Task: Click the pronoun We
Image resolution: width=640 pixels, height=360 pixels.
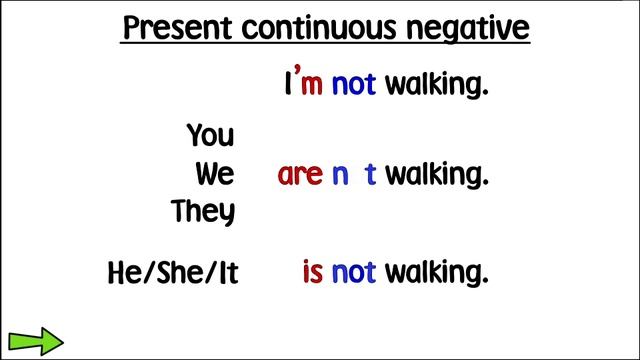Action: (215, 174)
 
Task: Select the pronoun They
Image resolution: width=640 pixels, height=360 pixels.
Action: (204, 212)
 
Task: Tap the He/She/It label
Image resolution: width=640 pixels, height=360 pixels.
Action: (173, 272)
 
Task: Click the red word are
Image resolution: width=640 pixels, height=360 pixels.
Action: (300, 176)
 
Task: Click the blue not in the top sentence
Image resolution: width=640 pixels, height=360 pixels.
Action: (353, 85)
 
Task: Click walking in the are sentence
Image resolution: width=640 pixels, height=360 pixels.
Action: (437, 176)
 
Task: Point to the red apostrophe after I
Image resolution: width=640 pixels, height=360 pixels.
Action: (298, 74)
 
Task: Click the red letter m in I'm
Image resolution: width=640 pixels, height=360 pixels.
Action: (311, 87)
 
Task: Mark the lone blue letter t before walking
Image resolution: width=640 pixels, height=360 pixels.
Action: (371, 175)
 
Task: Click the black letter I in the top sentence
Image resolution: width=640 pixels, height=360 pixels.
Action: (289, 85)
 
